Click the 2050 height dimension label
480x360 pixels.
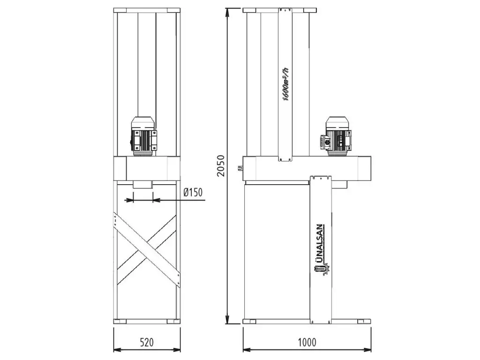(x=221, y=165)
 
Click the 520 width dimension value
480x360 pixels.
(x=147, y=342)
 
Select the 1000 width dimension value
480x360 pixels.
(x=307, y=342)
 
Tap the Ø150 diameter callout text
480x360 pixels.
(x=193, y=192)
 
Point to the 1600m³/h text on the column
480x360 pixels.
(x=285, y=83)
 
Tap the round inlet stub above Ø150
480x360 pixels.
(x=143, y=185)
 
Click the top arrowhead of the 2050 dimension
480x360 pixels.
(x=227, y=12)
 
